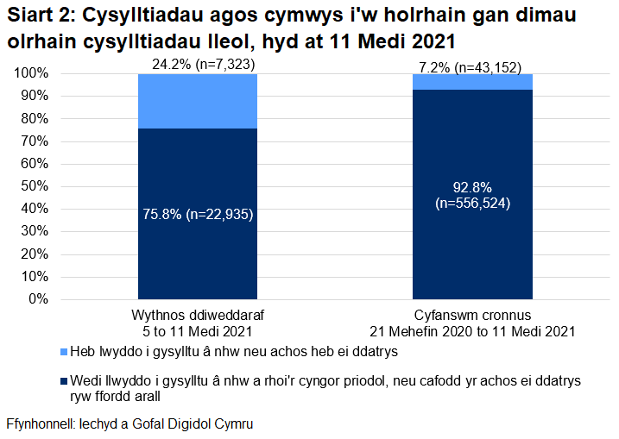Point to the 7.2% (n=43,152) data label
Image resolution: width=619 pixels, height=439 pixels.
471,67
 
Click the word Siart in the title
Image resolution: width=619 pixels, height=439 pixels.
32,17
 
